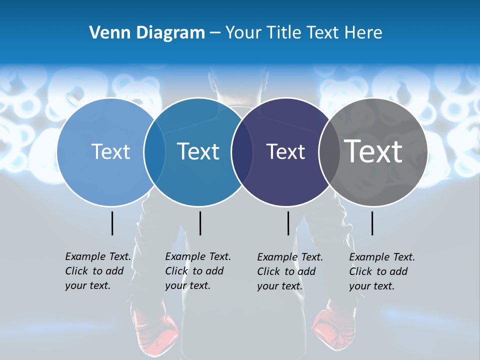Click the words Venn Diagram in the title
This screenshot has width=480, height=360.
[x=147, y=33]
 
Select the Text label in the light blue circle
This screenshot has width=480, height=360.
[x=111, y=151]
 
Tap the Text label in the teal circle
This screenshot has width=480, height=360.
[x=198, y=151]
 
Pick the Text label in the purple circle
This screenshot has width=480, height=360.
[x=285, y=151]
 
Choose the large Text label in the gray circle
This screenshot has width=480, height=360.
[x=373, y=151]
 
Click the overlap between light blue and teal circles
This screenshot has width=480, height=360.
[x=154, y=152]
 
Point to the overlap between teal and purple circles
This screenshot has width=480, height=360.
[x=242, y=152]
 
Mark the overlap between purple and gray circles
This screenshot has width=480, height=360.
[x=329, y=152]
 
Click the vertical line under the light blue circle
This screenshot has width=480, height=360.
[x=112, y=223]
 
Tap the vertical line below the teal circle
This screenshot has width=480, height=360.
[x=200, y=223]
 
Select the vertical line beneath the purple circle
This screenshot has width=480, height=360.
[x=288, y=223]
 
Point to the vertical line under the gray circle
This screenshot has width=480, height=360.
[x=372, y=223]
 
